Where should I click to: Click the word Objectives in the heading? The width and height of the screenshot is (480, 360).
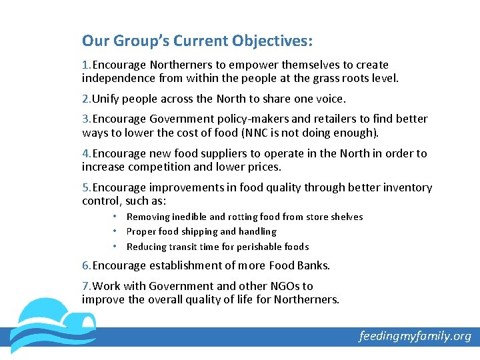pyautogui.click(x=272, y=41)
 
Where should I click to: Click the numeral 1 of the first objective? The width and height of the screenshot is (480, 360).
pyautogui.click(x=85, y=65)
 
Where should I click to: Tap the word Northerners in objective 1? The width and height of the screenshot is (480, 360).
pyautogui.click(x=183, y=65)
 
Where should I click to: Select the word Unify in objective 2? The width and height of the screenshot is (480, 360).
pyautogui.click(x=106, y=99)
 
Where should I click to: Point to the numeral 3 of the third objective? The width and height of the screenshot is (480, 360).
pyautogui.click(x=85, y=119)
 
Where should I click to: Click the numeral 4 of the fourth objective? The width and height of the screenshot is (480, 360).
pyautogui.click(x=85, y=153)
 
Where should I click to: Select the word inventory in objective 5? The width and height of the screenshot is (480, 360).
pyautogui.click(x=407, y=187)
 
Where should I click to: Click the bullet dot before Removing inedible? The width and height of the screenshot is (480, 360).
pyautogui.click(x=115, y=217)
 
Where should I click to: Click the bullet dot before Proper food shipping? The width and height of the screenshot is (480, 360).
pyautogui.click(x=115, y=231)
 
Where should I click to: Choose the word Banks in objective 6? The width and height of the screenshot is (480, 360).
pyautogui.click(x=312, y=265)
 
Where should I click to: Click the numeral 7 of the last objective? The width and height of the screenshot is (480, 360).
pyautogui.click(x=85, y=286)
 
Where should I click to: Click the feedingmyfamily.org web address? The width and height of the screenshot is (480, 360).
pyautogui.click(x=415, y=336)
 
